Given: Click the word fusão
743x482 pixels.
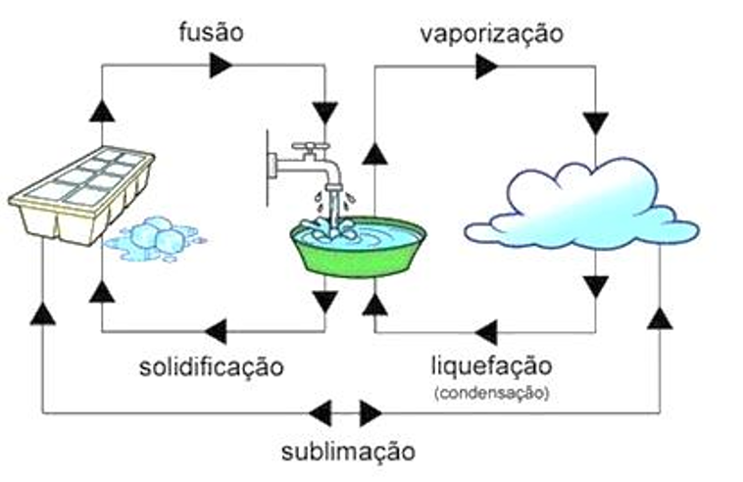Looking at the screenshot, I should pyautogui.click(x=210, y=32).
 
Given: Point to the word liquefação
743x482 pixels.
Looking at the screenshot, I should pyautogui.click(x=491, y=367).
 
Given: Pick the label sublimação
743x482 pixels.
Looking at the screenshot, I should pyautogui.click(x=347, y=451).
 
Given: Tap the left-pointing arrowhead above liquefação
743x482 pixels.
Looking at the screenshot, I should pyautogui.click(x=485, y=331).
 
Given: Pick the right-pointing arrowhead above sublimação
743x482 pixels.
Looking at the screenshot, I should pyautogui.click(x=371, y=412).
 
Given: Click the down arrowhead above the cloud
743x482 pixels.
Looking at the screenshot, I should pyautogui.click(x=595, y=123).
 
